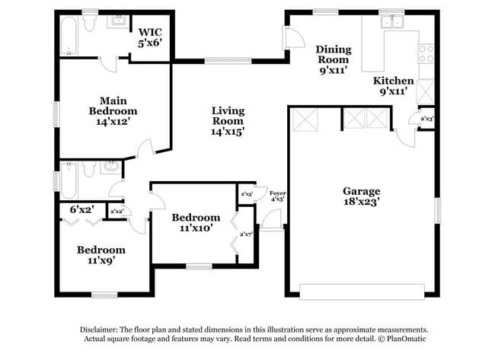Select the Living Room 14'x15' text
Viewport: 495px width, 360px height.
tap(228, 121)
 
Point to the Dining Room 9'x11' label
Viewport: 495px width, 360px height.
tap(334, 59)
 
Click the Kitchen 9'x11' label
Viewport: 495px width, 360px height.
tap(394, 85)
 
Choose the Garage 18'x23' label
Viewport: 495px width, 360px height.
tap(361, 196)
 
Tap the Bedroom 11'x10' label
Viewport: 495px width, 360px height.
tap(195, 222)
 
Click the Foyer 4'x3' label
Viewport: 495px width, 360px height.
tap(278, 197)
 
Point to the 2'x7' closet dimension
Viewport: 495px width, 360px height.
tap(247, 234)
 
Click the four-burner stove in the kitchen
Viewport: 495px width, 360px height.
tap(426, 53)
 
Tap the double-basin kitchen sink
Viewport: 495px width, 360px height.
tap(393, 22)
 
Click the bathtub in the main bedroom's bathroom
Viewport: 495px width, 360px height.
tap(69, 37)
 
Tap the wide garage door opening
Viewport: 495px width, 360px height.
tap(361, 292)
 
